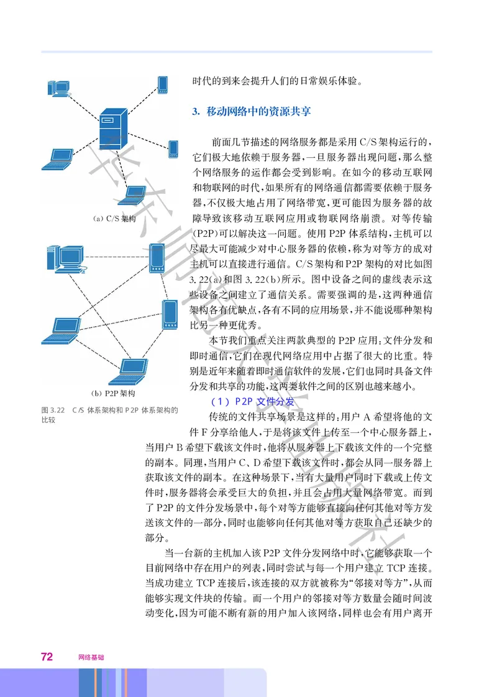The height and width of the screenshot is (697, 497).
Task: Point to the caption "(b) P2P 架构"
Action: coord(113,393)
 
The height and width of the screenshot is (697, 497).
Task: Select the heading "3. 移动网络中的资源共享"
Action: coord(252,112)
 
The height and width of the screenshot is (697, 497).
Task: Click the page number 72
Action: coord(47,657)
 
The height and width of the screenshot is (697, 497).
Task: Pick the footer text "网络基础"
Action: coord(91,657)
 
